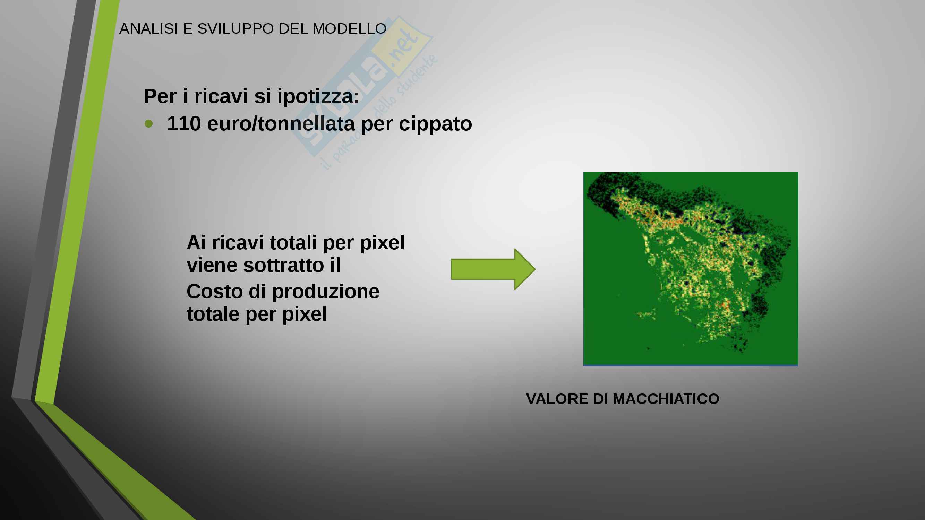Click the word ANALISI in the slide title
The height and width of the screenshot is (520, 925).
point(149,29)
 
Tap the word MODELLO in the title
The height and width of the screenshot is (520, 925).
point(349,29)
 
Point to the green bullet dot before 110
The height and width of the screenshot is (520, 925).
point(149,124)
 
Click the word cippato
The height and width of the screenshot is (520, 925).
point(435,124)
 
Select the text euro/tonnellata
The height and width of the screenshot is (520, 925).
point(281,123)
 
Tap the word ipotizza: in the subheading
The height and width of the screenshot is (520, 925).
point(318,96)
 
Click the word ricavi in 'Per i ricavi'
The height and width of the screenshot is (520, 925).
point(221,96)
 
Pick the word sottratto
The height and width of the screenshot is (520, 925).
point(284,265)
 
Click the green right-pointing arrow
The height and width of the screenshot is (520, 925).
point(493,269)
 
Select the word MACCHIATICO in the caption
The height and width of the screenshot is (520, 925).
point(666,399)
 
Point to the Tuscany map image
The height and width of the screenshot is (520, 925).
point(691,269)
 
